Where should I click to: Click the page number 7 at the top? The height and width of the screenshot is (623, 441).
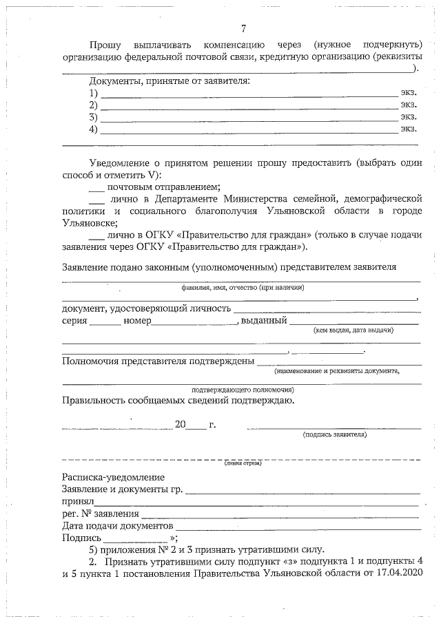pyautogui.click(x=244, y=28)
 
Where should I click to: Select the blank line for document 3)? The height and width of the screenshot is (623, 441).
pyautogui.click(x=248, y=119)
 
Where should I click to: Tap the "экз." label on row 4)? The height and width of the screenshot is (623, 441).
pyautogui.click(x=409, y=128)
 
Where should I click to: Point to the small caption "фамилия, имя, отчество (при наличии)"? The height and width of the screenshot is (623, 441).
pyautogui.click(x=243, y=287)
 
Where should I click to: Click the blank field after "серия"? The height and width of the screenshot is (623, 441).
pyautogui.click(x=105, y=323)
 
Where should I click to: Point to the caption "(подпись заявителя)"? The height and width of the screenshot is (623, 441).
pyautogui.click(x=334, y=434)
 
